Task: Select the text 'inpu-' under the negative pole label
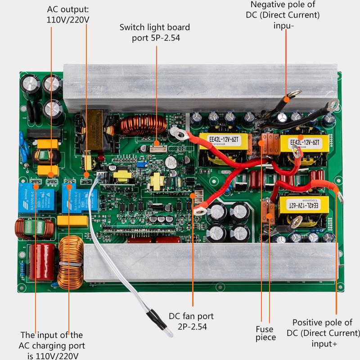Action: tap(283, 25)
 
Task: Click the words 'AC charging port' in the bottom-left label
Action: tap(52, 346)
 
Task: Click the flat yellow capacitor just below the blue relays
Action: tap(72, 220)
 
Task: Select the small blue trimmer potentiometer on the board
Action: tap(140, 165)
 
